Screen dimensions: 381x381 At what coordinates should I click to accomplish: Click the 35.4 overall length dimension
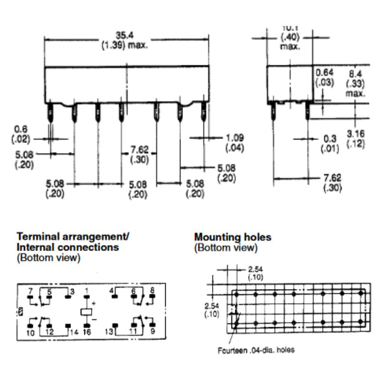tap(125, 40)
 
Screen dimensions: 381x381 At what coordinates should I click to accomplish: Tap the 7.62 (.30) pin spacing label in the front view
tap(140, 154)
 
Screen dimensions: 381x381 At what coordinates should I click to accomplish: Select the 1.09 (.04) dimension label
tap(235, 143)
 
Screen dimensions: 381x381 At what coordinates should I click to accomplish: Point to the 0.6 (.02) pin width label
tap(20, 134)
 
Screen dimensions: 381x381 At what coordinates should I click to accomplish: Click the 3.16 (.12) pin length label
tap(356, 139)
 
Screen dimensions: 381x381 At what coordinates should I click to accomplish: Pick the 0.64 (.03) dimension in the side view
tap(325, 78)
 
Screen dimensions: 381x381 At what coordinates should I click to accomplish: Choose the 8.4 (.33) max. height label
tap(355, 83)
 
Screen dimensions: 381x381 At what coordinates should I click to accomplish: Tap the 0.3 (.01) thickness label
tap(330, 144)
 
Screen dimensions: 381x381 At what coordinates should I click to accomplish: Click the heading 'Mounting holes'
tap(233, 237)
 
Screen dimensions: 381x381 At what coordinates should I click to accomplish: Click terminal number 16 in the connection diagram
tap(87, 332)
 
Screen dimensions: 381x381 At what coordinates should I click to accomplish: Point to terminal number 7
tap(30, 291)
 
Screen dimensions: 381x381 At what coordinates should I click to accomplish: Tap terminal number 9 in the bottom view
tap(152, 331)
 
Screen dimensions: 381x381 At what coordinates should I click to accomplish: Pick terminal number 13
tap(109, 331)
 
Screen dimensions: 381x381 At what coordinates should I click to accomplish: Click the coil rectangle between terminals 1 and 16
tap(86, 311)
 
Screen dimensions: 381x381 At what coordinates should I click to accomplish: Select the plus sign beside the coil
tap(94, 303)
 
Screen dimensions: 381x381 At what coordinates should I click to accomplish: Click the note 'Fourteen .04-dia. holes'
tap(256, 351)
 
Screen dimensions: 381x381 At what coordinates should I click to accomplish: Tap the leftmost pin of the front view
tap(50, 112)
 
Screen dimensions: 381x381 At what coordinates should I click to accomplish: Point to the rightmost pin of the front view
tap(204, 112)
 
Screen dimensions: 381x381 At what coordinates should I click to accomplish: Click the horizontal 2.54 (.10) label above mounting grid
tap(255, 273)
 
